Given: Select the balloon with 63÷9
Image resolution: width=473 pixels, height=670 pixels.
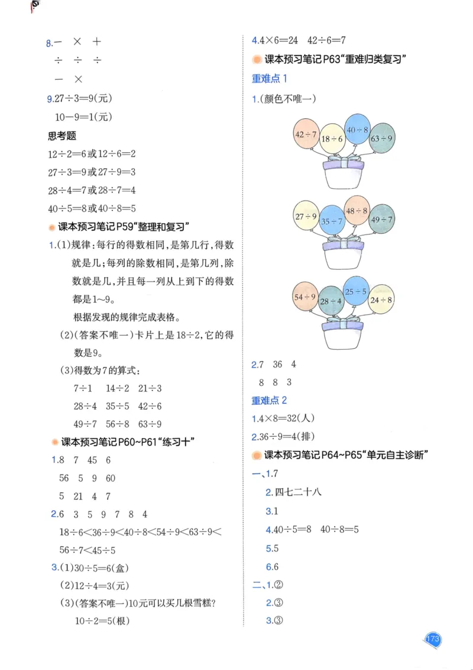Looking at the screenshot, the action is click(x=381, y=138).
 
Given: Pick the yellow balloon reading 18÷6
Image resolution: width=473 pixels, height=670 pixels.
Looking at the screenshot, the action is click(x=332, y=139).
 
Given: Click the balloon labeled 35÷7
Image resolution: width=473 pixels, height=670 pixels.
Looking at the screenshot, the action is click(x=332, y=221).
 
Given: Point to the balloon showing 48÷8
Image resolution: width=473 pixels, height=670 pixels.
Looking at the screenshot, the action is click(x=357, y=211).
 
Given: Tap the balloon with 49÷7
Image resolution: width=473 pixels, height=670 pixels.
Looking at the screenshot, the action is click(x=381, y=220).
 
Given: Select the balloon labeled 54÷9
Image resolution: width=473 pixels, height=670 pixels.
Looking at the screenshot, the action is click(x=306, y=297).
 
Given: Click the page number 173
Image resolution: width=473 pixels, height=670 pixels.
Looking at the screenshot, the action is click(x=433, y=639).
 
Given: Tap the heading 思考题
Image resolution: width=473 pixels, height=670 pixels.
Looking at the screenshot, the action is click(x=62, y=136).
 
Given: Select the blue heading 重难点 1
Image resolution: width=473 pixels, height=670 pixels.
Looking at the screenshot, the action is click(x=269, y=78).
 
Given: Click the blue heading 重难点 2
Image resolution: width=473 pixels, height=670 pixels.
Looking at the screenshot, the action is click(x=269, y=401).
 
